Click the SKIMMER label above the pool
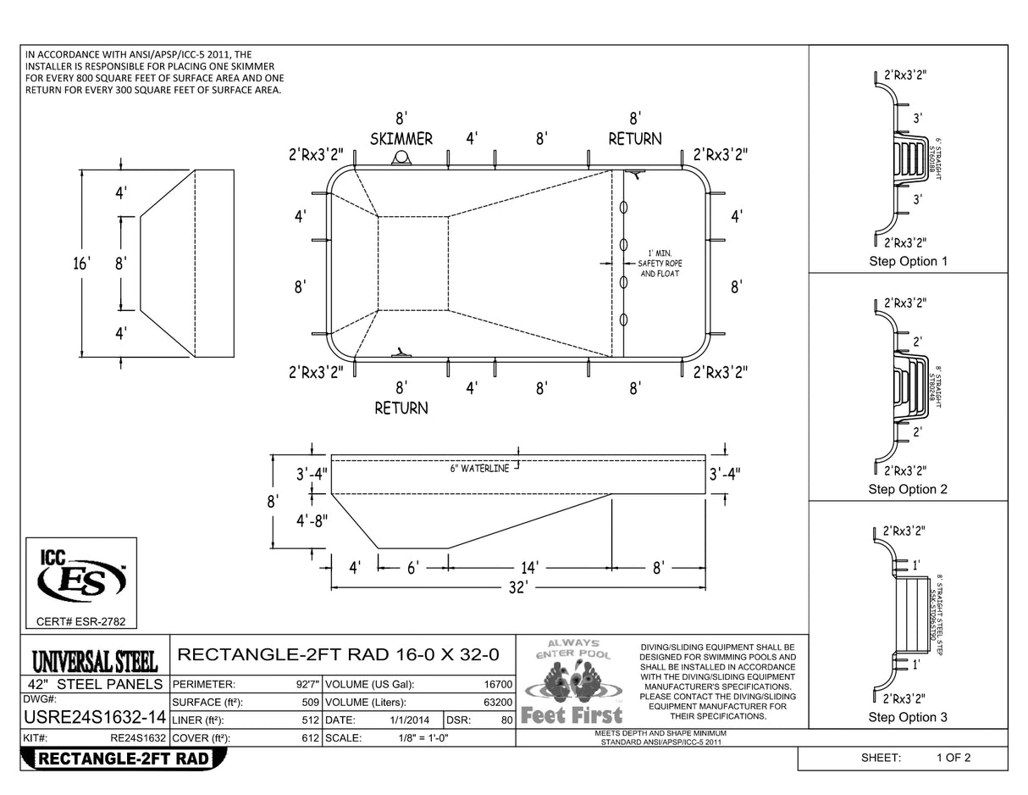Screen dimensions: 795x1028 point(401,139)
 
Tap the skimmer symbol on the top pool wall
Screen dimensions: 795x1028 point(401,158)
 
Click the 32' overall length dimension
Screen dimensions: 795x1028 point(518,587)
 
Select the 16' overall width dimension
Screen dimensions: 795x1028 point(81,264)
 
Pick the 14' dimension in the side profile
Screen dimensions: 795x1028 point(529,568)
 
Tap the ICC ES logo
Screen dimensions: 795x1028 point(81,576)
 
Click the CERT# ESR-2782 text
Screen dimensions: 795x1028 point(81,622)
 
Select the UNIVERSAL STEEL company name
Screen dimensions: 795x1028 point(95,660)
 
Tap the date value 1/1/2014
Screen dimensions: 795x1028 point(406,720)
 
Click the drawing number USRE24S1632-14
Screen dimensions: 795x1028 point(93,720)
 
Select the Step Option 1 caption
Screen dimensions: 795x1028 point(908,261)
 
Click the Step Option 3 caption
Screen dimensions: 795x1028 point(908,717)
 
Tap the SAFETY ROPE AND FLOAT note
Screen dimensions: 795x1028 point(660,269)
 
